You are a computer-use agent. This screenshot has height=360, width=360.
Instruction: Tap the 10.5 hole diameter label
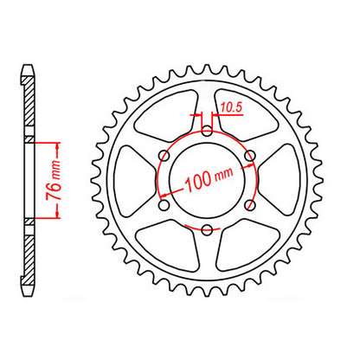pyautogui.click(x=229, y=107)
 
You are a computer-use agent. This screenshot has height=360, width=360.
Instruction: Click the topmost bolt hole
pyautogui.click(x=207, y=131)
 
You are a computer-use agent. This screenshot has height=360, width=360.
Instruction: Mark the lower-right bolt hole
pyautogui.click(x=249, y=204)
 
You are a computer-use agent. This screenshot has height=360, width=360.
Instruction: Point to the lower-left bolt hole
pyautogui.click(x=164, y=204)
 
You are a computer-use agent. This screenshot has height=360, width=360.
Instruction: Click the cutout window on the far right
pyautogui.click(x=284, y=180)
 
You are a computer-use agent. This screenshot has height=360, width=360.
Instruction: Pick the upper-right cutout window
pyautogui.click(x=245, y=113)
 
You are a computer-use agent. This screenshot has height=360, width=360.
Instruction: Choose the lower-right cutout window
pyautogui.click(x=245, y=247)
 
